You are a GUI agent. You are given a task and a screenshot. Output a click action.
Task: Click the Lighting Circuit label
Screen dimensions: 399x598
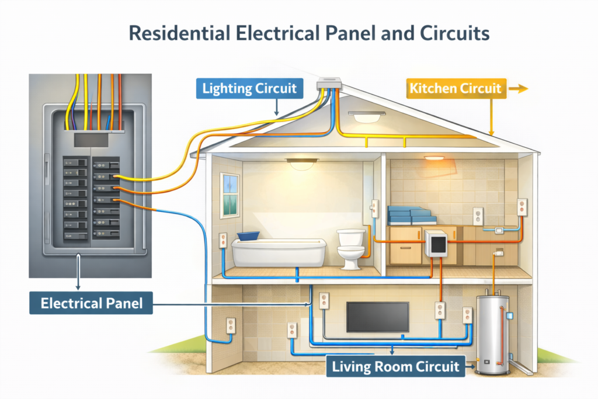pos(249,89)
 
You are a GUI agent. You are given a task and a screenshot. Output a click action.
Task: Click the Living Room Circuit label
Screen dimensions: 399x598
pos(395,367)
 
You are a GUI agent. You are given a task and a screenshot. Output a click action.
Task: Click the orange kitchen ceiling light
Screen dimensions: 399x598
pos(433,157)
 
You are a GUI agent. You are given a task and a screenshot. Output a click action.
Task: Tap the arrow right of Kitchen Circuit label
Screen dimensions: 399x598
pos(518,89)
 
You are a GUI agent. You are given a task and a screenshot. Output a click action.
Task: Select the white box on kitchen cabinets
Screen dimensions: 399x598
pos(435,245)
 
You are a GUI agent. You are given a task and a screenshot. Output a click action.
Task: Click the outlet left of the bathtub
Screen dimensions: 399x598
pos(222,241)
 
